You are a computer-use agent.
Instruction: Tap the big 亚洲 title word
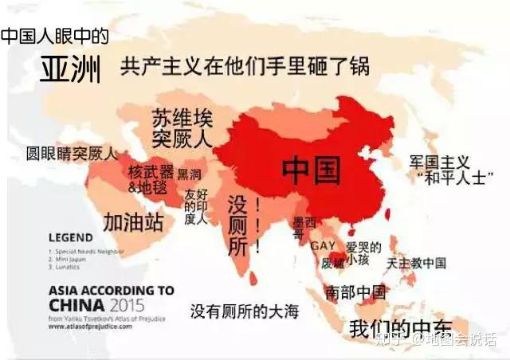(x=72, y=71)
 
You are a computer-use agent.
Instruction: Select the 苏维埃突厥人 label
(x=182, y=129)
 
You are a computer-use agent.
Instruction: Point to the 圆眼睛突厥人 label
(x=71, y=154)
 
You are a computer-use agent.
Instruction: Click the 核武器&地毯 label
(x=151, y=179)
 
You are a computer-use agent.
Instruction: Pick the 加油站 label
(x=133, y=221)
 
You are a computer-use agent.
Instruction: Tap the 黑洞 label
(x=189, y=174)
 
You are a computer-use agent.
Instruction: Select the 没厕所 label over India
(x=238, y=225)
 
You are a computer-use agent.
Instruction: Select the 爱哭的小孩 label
(x=363, y=252)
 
